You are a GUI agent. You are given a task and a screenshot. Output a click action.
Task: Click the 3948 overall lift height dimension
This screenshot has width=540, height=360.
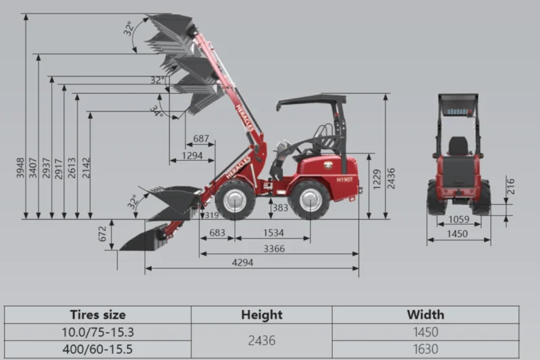[20, 168]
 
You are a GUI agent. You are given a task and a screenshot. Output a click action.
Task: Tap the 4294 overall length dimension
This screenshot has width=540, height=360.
[242, 263]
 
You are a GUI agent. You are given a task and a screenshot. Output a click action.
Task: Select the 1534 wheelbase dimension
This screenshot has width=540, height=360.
[273, 233]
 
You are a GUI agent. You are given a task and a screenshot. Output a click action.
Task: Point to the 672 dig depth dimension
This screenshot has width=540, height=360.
[103, 234]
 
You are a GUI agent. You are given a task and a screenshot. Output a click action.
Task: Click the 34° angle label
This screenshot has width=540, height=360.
[157, 111]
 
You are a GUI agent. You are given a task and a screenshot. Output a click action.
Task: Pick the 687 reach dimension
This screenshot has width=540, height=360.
[201, 138]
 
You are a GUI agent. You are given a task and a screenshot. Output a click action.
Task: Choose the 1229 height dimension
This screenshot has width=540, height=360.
[377, 179]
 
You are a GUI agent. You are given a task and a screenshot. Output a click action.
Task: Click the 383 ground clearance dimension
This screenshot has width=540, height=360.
[280, 207]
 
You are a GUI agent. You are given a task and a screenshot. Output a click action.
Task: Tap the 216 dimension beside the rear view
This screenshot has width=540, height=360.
[510, 186]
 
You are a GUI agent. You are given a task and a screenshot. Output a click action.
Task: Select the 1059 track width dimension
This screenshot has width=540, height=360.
[459, 220]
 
